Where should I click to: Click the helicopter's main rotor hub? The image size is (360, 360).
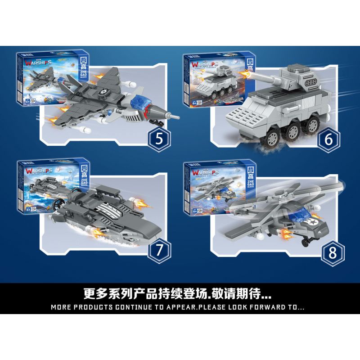[x=279, y=199]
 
